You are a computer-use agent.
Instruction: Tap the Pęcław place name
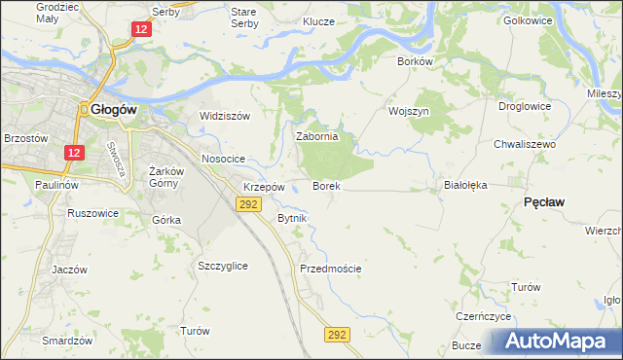pos(546,200)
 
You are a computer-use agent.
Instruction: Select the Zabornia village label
pos(316,137)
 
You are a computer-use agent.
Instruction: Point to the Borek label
pos(325,185)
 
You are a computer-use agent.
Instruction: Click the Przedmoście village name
pos(331,269)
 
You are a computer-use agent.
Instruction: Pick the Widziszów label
pos(225,116)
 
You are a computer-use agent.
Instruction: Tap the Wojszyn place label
pos(409,111)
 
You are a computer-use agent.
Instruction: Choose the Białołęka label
pos(464,183)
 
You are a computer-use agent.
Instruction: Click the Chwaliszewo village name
pos(524,143)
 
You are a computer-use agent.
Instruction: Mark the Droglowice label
pos(525,106)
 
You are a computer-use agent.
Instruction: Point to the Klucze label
pos(318,20)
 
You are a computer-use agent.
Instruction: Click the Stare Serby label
pos(243,17)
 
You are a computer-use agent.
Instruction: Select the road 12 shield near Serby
pos(142,30)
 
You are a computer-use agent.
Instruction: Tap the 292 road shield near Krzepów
pos(247,203)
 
